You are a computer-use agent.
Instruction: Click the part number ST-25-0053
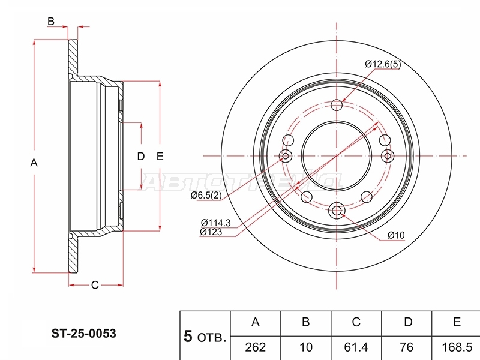tap(83, 334)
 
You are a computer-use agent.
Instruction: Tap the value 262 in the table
tap(256, 347)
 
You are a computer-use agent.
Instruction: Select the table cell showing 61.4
tap(356, 347)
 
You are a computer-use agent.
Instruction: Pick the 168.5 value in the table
tap(457, 347)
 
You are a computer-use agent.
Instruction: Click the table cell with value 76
tap(407, 347)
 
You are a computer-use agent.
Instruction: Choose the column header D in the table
tap(408, 322)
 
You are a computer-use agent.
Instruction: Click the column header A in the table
tap(256, 322)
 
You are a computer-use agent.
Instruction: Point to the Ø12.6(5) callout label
tap(383, 64)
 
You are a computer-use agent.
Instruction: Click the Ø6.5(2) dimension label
tap(206, 196)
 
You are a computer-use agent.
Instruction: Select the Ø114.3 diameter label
tap(216, 223)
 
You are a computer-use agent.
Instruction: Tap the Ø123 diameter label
tap(211, 232)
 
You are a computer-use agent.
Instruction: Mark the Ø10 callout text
tap(396, 235)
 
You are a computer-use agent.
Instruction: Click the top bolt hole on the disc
tap(337, 104)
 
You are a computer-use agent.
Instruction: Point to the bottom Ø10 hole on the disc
tap(337, 211)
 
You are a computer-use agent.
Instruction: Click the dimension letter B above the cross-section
tap(51, 22)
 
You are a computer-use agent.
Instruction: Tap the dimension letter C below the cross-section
tap(95, 285)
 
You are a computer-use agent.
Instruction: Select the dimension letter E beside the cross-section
tap(160, 157)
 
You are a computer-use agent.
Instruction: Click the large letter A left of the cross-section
tap(34, 163)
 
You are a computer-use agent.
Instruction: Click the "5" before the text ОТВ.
tap(188, 336)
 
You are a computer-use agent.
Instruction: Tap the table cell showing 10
tap(305, 347)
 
